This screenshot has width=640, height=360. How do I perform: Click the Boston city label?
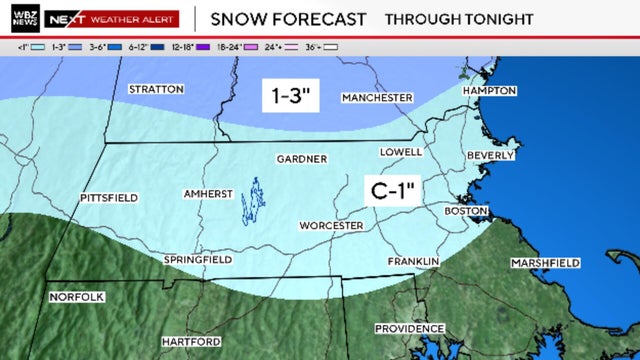coord(465,212)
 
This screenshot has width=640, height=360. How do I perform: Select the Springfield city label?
coord(198,260)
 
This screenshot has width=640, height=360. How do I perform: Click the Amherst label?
coord(208,193)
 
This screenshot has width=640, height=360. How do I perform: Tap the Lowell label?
coord(402,152)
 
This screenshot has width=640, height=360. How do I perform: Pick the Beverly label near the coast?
coord(490,156)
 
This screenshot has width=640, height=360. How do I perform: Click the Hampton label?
coord(489,91)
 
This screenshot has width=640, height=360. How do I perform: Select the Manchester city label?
coord(377,98)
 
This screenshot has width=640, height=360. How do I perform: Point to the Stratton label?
coord(156,89)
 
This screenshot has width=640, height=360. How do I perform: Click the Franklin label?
coord(413,262)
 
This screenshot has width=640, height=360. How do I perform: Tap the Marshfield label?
coord(545,263)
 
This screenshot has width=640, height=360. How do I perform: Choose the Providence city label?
coord(409,329)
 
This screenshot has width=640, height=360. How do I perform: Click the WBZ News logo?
coord(20,18)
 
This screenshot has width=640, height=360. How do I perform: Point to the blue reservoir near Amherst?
coord(254,200)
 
